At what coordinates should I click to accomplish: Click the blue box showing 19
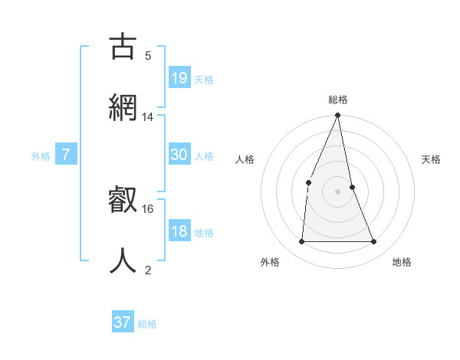179,77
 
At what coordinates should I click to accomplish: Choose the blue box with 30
179,155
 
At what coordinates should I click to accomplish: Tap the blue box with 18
179,231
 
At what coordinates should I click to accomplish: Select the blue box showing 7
66,155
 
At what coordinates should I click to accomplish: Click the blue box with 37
123,322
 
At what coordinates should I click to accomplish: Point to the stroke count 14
148,117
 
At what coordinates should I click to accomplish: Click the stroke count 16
148,208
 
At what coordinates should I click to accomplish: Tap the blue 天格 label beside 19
204,80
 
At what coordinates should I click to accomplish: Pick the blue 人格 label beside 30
204,156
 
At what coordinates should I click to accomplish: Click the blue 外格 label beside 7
41,156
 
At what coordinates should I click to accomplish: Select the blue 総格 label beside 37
147,324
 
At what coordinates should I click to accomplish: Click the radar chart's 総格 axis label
338,100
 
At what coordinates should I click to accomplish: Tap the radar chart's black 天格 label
432,159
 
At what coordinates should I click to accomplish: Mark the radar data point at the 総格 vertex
337,116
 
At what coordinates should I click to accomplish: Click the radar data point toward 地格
374,242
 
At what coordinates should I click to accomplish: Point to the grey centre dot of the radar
337,191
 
